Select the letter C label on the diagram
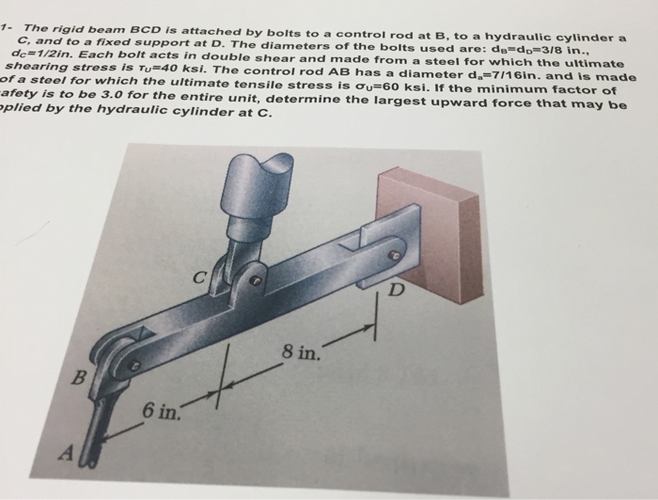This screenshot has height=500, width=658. pyautogui.click(x=198, y=278)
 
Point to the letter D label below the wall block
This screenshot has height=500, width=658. pyautogui.click(x=399, y=288)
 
